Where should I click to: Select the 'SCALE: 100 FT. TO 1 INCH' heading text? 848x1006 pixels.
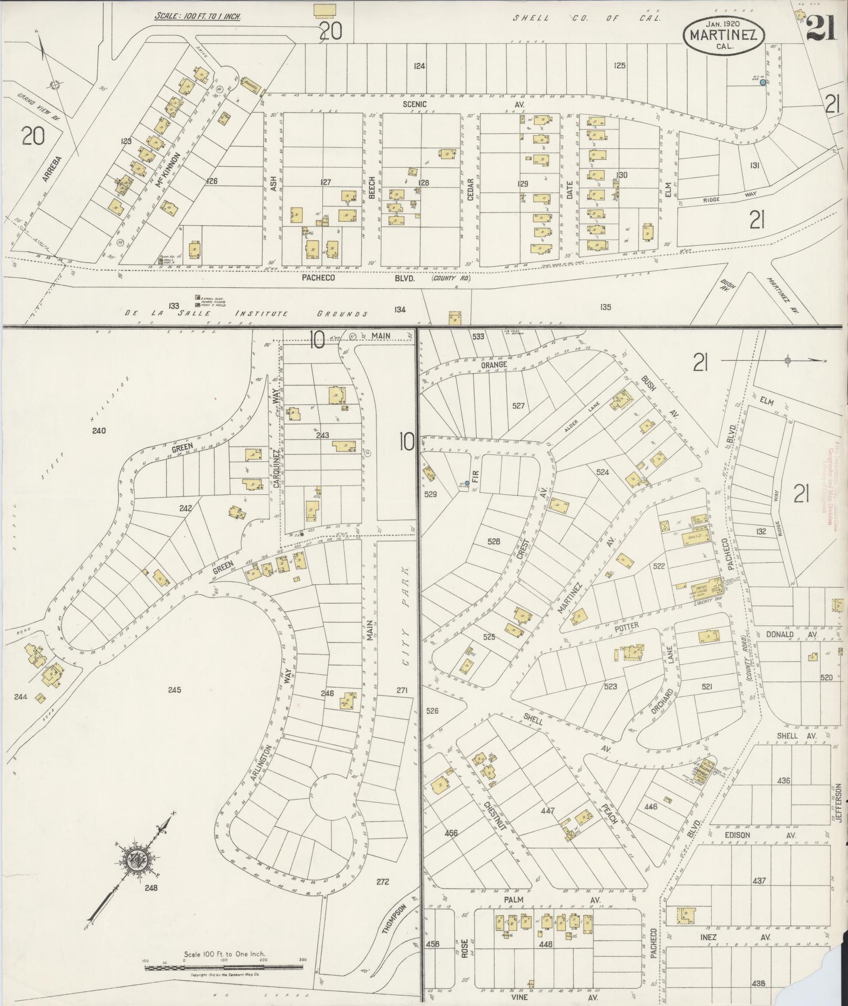coord(197,16)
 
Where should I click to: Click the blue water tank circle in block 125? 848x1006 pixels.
coord(762,82)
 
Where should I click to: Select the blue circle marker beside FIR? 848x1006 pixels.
coord(467,483)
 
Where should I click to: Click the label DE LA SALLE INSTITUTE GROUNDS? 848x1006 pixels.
coord(246,314)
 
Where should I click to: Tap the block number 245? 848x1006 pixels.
coord(175,689)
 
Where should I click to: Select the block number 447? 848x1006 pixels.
coord(547,810)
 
